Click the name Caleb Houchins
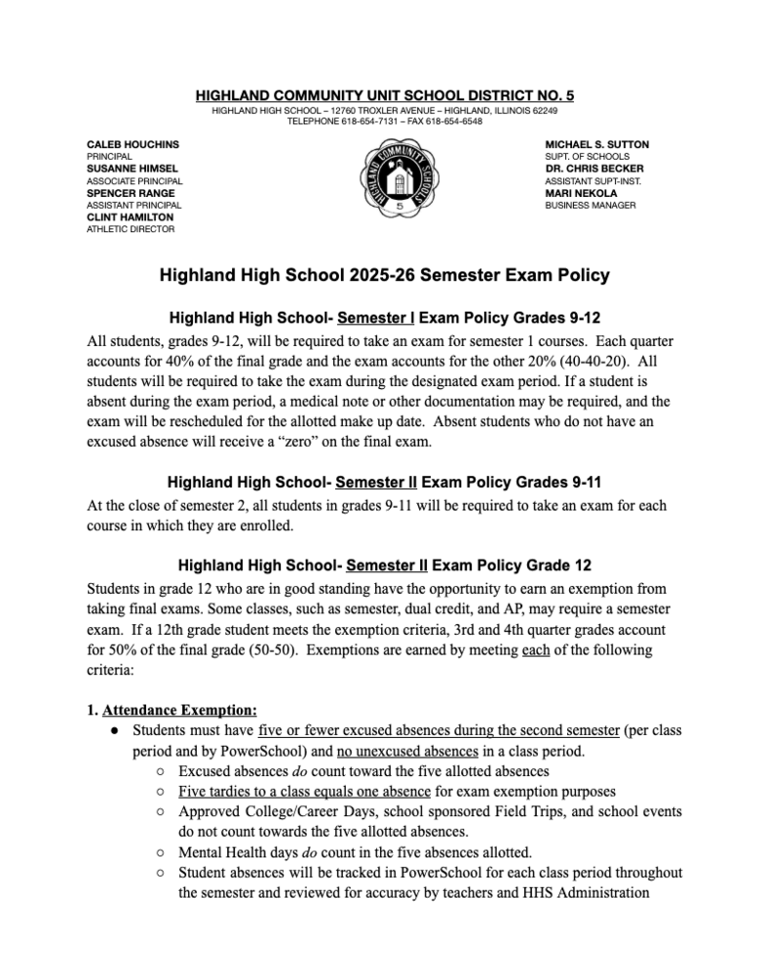(134, 144)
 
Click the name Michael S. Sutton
(596, 144)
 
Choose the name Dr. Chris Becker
(595, 169)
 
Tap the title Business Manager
(591, 206)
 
